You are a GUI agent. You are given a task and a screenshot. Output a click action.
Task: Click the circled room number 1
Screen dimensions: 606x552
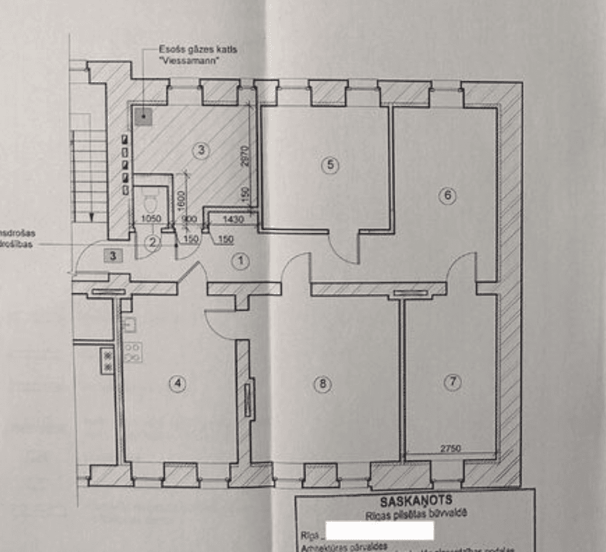(241, 261)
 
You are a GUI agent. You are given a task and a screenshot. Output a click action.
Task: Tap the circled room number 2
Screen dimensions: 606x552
(152, 242)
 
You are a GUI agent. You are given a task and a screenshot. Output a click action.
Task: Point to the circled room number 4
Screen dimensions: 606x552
(178, 384)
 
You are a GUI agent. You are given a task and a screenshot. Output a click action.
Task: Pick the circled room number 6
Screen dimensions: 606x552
(447, 195)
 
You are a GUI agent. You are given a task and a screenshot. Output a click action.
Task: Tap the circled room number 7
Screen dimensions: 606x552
(452, 381)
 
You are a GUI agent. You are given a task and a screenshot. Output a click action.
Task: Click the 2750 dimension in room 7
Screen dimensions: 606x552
(451, 449)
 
